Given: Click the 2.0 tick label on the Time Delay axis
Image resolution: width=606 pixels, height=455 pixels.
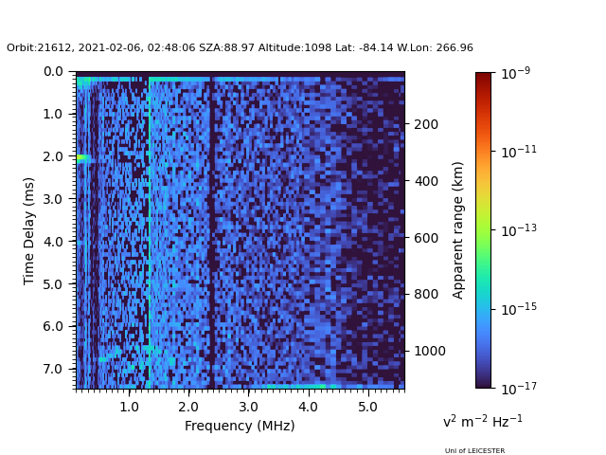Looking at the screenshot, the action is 53,156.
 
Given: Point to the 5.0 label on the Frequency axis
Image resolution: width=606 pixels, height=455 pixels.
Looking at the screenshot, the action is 368,407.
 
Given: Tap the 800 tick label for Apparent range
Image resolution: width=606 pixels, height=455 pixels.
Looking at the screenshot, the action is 426,294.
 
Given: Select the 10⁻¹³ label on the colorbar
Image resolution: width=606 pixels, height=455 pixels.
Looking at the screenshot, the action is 519,230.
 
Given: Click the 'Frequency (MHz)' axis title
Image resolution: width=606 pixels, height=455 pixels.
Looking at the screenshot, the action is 240,426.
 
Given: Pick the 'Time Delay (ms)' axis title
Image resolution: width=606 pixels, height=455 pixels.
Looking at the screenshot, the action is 28,231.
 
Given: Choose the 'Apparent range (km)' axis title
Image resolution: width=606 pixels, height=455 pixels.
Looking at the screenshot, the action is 457,230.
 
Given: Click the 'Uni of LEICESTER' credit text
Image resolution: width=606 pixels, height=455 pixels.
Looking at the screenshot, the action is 474,451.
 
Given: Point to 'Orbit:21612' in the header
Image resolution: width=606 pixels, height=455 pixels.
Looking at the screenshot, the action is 39,48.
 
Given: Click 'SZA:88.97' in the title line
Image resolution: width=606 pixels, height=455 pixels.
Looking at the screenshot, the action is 227,48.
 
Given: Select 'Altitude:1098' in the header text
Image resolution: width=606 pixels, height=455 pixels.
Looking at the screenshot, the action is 294,48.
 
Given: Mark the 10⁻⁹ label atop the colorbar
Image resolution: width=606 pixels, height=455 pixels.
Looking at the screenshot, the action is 515,73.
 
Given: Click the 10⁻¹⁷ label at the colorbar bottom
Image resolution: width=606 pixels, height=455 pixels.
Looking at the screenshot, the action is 519,388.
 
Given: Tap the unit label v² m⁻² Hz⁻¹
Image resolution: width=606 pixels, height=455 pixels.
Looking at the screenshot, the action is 483,421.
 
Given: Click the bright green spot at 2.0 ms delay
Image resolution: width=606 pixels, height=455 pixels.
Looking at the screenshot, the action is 82,157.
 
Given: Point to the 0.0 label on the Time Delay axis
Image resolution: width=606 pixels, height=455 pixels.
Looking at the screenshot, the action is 53,72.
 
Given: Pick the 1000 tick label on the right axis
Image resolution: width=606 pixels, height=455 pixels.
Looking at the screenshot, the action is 430,351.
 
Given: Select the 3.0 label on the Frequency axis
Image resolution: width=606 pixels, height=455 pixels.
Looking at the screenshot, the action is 248,407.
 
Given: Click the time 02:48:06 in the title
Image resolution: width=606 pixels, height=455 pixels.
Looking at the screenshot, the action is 171,48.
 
